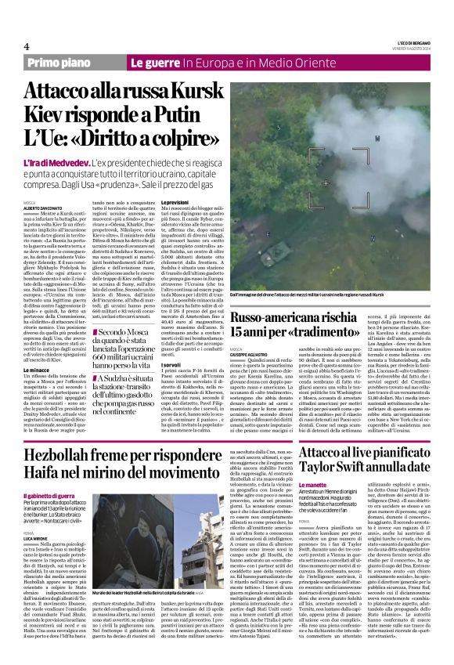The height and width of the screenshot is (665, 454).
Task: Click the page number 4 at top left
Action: pyautogui.click(x=27, y=46)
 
